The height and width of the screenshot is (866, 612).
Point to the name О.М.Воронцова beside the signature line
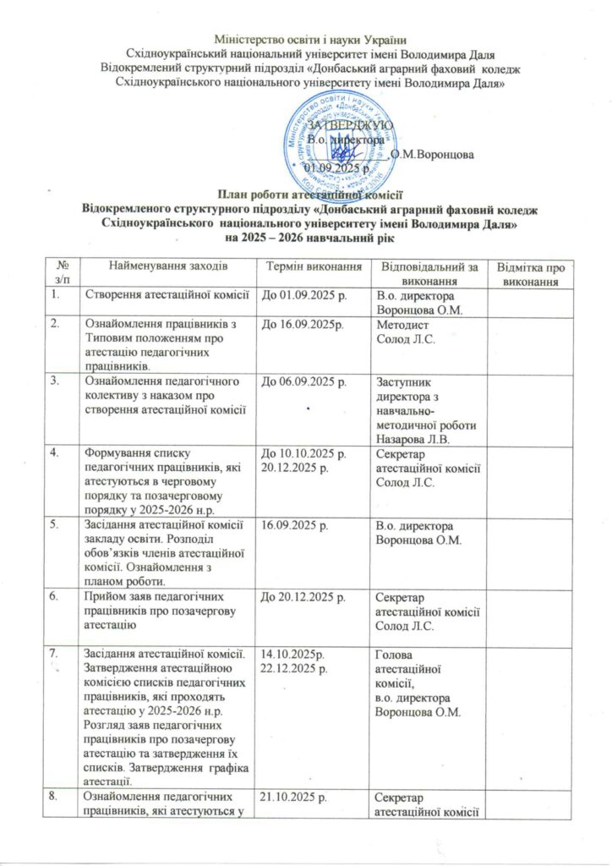click(433, 155)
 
